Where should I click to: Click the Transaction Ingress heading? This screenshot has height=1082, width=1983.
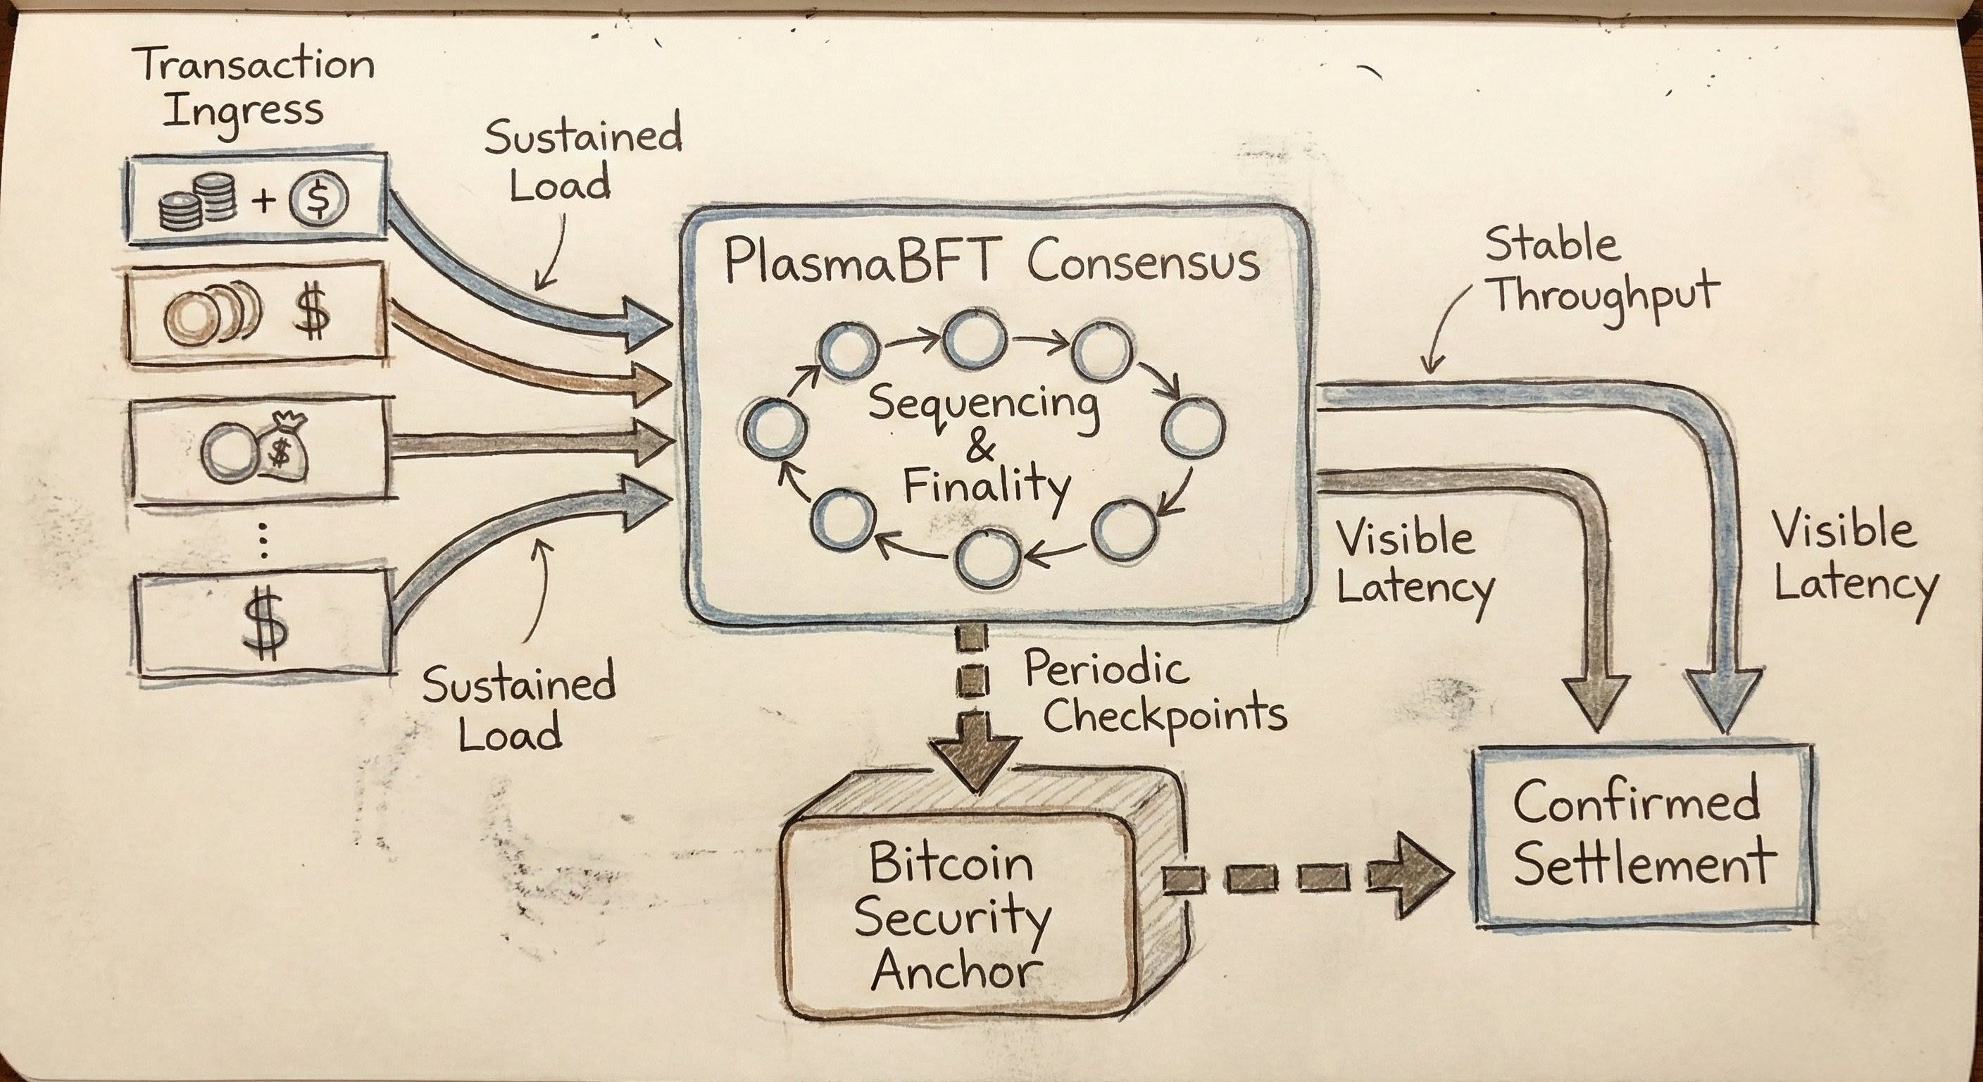point(257,89)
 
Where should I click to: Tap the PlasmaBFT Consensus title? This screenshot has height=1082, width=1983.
point(992,264)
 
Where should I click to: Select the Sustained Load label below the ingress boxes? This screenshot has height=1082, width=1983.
point(518,709)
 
